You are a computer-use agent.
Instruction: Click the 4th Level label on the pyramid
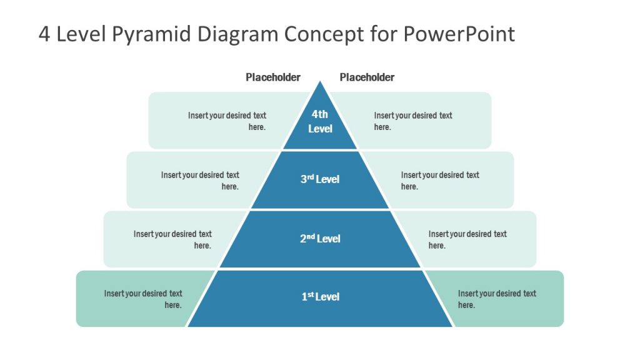point(320,121)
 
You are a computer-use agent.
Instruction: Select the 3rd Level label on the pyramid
point(320,179)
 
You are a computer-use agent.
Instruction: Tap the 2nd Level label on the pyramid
point(320,238)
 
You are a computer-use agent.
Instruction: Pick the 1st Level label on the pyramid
point(320,296)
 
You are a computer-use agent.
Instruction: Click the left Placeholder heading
point(272,77)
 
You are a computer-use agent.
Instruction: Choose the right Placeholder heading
point(367,77)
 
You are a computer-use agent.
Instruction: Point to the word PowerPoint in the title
point(459,34)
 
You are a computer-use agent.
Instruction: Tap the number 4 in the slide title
point(44,34)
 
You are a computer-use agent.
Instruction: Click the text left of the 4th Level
point(227,121)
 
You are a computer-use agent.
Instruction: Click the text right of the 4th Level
point(413,121)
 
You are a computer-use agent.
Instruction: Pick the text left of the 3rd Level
point(200,181)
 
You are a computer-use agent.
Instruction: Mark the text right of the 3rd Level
point(440,181)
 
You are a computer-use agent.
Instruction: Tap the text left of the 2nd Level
point(172,239)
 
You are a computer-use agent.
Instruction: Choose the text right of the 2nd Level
point(467,239)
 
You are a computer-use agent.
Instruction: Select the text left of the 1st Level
point(143,299)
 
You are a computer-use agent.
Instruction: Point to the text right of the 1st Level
point(497,299)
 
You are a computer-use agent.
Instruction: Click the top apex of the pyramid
point(320,83)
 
